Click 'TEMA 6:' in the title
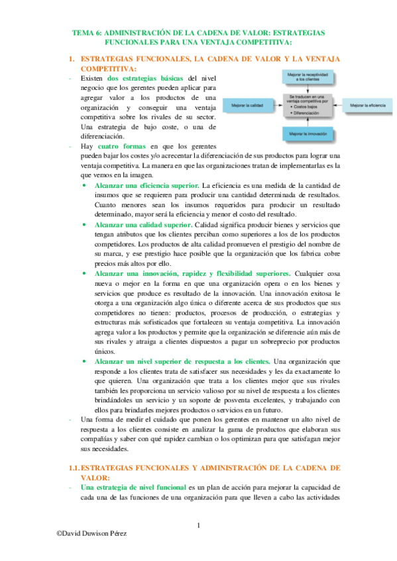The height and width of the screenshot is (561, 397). (x=87, y=32)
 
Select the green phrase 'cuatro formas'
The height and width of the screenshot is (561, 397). (x=121, y=146)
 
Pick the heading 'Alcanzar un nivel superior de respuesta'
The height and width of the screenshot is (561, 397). (x=182, y=362)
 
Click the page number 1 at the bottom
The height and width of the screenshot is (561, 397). (x=199, y=526)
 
